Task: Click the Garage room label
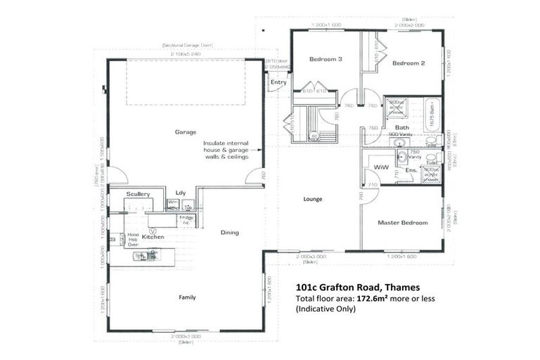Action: [x=186, y=132]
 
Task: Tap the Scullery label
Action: [x=139, y=193]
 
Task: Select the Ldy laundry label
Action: [x=180, y=192]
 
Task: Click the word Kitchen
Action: [x=153, y=237]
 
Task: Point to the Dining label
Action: [x=229, y=233]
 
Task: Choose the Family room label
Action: [x=187, y=297]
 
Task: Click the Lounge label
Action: [x=313, y=199]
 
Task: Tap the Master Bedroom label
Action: [x=402, y=223]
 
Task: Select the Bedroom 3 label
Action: [x=326, y=60]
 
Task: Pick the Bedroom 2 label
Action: [x=409, y=64]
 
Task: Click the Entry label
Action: [x=278, y=82]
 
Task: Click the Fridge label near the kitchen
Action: [x=186, y=220]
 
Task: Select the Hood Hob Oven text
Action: [x=133, y=239]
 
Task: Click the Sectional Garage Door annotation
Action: [x=186, y=46]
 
